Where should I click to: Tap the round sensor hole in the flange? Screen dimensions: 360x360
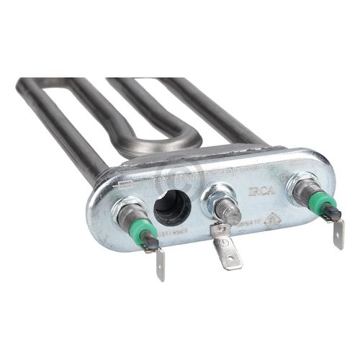tap(172, 208)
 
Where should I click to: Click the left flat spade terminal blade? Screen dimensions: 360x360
tap(160, 264)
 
